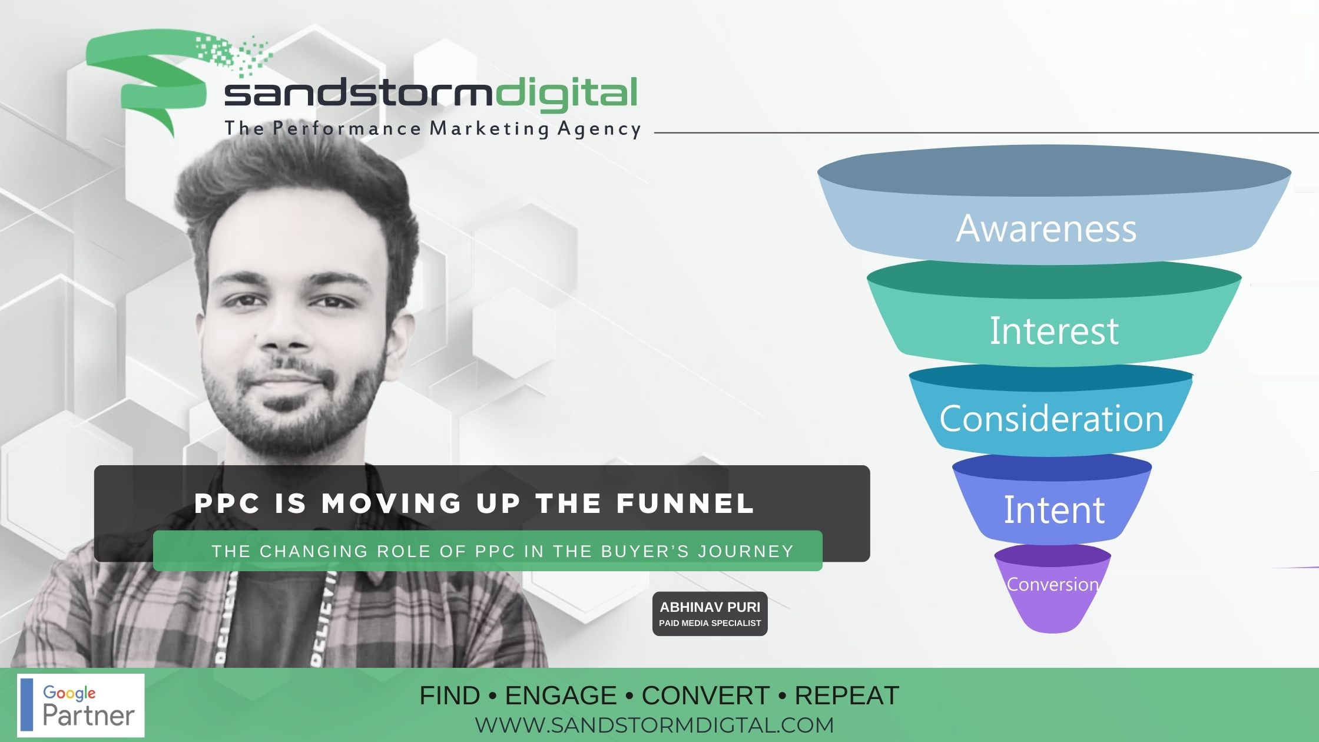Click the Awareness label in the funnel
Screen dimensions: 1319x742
[1046, 228]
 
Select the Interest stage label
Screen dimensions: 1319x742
[1054, 331]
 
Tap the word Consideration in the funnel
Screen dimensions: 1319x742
[1052, 419]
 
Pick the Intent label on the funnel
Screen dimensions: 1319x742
[1054, 509]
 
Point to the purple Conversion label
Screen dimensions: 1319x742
[1053, 584]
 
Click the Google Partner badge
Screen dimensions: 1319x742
[81, 705]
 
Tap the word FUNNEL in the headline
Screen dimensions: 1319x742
[685, 503]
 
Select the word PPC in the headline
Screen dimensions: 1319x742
[227, 503]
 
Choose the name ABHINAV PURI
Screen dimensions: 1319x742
[710, 607]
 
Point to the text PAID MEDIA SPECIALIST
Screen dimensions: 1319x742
[710, 623]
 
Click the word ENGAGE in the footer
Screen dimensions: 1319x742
[561, 695]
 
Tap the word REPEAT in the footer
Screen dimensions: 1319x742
[847, 695]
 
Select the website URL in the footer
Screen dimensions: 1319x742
[654, 725]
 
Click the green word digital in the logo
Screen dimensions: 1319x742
[566, 95]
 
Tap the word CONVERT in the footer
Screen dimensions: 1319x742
[705, 695]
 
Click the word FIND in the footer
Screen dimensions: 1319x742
[449, 695]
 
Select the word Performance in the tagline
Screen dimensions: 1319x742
[347, 128]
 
